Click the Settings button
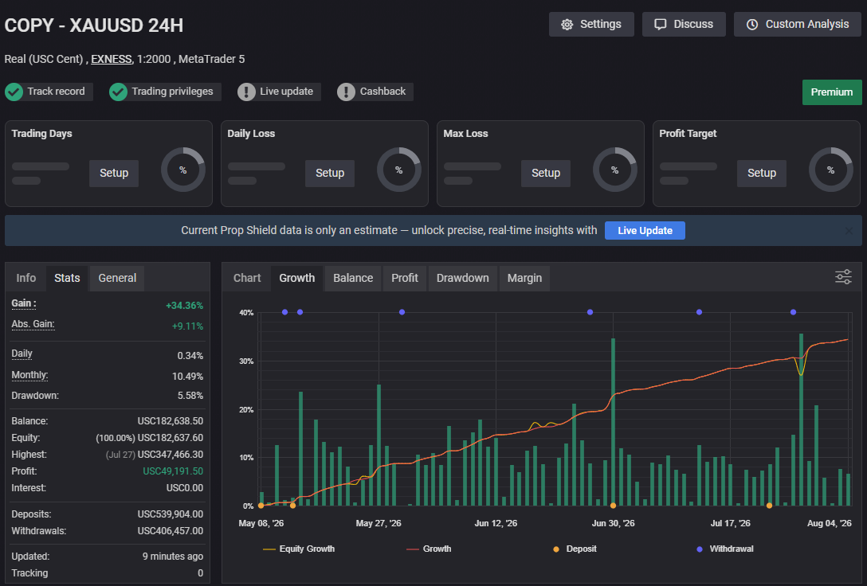click(591, 25)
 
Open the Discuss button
click(684, 25)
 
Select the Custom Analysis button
click(798, 25)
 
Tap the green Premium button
click(832, 92)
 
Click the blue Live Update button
click(645, 230)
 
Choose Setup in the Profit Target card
click(761, 173)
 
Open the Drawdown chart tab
click(463, 278)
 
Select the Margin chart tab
click(524, 278)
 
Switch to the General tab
click(117, 278)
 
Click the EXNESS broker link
click(111, 59)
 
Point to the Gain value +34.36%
click(184, 306)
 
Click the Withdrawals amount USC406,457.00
click(171, 531)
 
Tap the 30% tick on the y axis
click(246, 361)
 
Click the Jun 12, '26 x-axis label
click(496, 523)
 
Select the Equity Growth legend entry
click(299, 549)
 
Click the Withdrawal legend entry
click(725, 549)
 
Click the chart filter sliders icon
click(843, 277)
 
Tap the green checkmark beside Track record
click(14, 92)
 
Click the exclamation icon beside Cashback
click(346, 92)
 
